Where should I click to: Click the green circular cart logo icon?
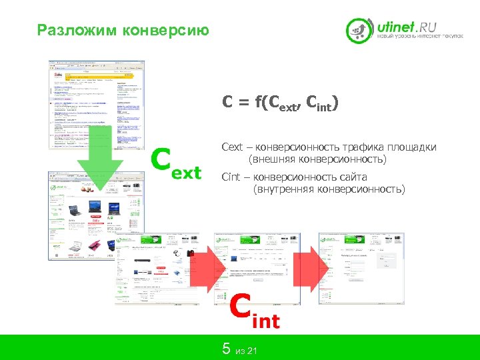(360, 31)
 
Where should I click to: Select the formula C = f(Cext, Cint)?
(280, 103)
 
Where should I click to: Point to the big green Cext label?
(175, 164)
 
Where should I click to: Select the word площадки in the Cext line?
(413, 147)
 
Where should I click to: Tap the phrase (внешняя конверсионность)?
(317, 160)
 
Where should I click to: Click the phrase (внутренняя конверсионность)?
(329, 189)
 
